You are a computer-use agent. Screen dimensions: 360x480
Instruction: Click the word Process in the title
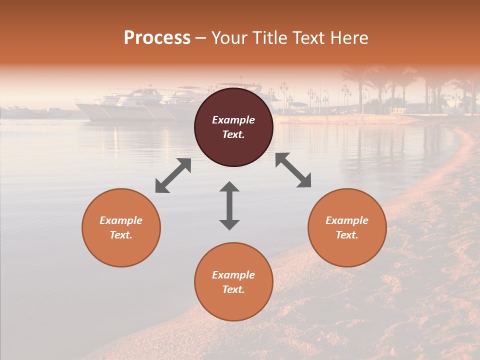157,38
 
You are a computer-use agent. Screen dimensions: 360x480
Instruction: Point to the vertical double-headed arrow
229,205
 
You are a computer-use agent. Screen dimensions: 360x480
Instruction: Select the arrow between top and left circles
173,175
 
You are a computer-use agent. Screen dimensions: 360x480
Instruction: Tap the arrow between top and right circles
293,170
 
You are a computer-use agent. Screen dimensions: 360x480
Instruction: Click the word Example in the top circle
233,120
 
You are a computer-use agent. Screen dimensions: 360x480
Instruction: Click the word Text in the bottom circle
233,289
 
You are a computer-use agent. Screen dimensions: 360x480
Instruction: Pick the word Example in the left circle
121,220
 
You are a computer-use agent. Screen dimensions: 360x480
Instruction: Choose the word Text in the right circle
346,235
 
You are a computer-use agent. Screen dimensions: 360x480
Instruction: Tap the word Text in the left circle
120,235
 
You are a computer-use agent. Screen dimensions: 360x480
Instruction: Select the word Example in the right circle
347,220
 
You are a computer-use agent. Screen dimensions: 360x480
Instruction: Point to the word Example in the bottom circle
233,275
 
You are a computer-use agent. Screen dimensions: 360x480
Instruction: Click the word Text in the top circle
233,134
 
